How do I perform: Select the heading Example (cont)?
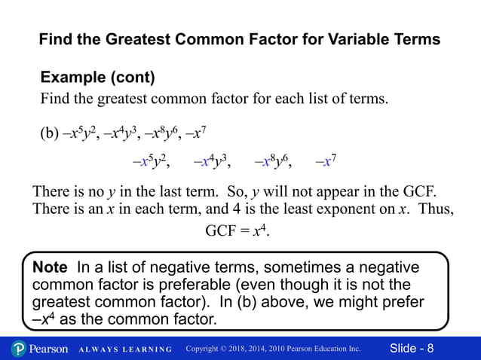97,78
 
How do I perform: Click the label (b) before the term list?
49,135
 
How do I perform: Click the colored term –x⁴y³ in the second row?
212,161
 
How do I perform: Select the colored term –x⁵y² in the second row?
150,161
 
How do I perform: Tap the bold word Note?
50,267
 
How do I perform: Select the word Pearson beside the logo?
50,349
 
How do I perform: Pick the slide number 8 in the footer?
430,349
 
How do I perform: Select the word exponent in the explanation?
340,209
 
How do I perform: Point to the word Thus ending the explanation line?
437,209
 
